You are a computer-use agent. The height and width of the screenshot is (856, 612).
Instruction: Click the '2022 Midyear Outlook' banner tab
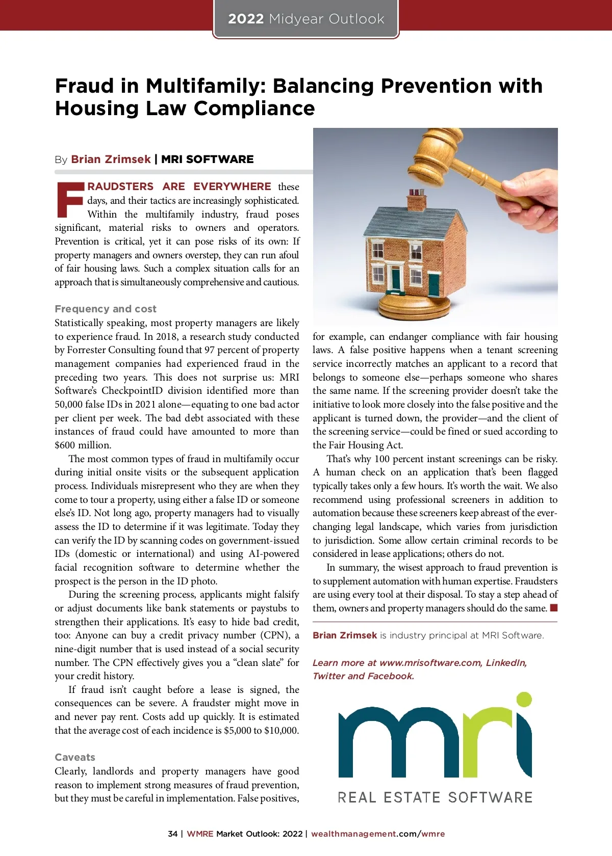(306, 19)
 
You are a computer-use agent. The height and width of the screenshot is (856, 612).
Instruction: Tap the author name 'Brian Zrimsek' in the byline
(111, 159)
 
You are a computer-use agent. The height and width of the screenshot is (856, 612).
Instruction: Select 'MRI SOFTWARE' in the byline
(207, 159)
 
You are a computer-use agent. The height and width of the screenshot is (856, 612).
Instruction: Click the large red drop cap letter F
(69, 200)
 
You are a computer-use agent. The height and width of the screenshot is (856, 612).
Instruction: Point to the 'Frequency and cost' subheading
(106, 309)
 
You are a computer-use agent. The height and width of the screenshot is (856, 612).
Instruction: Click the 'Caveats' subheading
(75, 757)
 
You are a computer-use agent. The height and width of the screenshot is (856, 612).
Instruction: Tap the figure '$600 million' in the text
(82, 445)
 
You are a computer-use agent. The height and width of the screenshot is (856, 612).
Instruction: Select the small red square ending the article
(554, 608)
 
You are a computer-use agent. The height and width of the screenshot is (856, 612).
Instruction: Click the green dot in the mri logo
(524, 699)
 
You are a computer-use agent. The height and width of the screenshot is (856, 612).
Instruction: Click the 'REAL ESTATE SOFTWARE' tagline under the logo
(435, 797)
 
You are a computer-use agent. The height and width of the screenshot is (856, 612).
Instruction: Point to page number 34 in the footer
(173, 834)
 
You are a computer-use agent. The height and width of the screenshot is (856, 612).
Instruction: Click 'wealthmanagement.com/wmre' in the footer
(378, 834)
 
